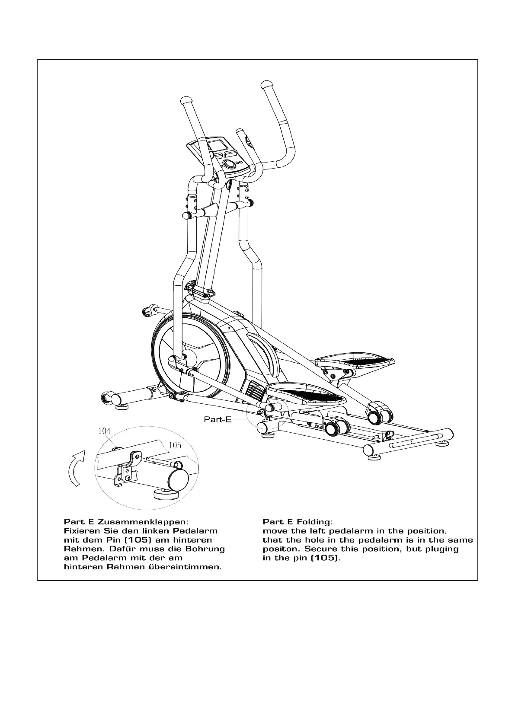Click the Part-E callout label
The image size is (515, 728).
pos(218,419)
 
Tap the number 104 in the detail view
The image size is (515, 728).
pos(105,431)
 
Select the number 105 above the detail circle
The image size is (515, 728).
pos(175,445)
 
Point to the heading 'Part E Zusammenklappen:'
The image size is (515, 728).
pos(126,521)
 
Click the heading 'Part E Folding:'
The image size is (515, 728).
pos(297,521)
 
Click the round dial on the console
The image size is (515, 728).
pos(229,164)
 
